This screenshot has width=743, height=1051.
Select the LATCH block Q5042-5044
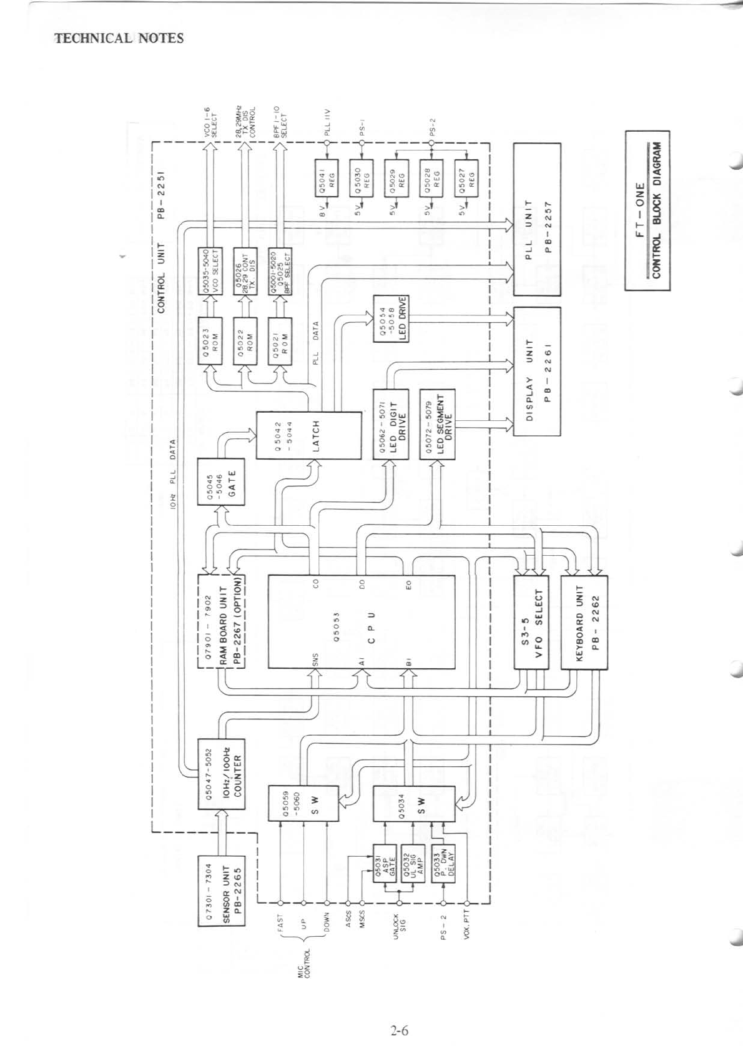coord(309,435)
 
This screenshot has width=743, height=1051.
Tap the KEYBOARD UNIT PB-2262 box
coord(584,623)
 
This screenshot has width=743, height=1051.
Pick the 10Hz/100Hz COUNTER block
coord(221,774)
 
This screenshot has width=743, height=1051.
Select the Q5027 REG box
coord(466,178)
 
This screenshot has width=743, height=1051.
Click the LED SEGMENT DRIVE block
coord(438,424)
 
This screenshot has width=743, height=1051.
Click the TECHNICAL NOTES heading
coord(119,38)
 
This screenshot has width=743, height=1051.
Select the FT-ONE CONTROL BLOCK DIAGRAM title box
coord(647,210)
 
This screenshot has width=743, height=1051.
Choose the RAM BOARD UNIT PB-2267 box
coord(221,621)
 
